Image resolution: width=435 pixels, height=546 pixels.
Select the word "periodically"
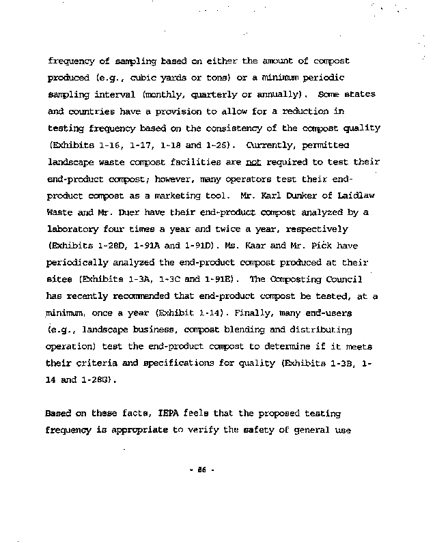click(x=77, y=262)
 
